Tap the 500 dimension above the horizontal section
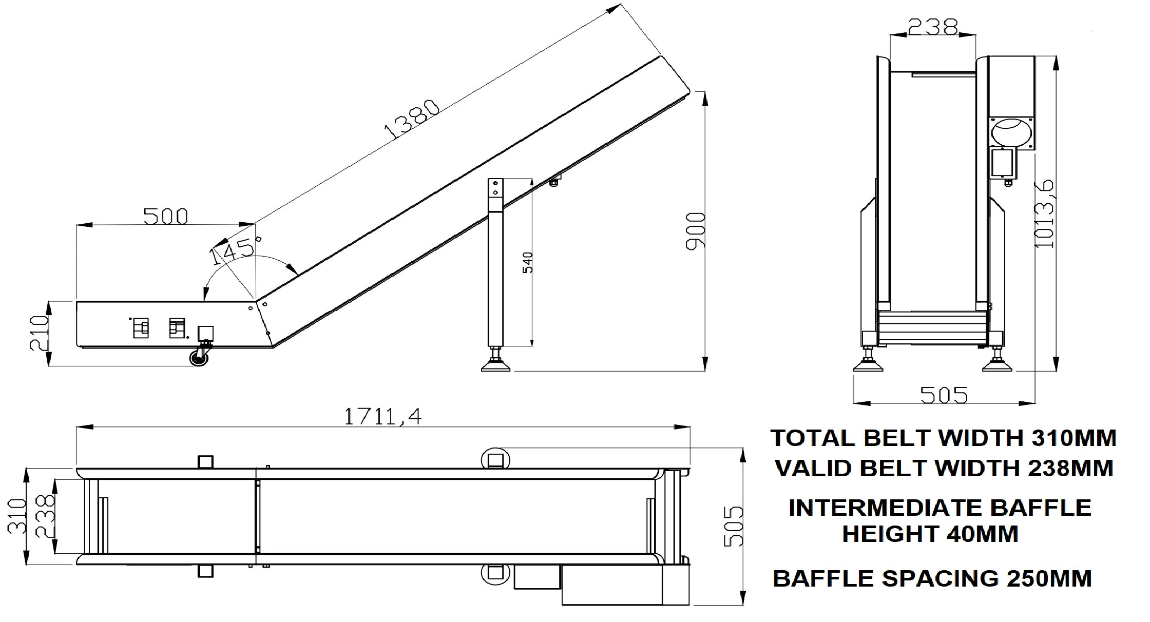pos(165,217)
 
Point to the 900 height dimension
pos(696,230)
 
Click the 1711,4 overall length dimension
pos(382,416)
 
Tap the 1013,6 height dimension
pos(1044,213)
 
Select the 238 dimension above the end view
pos(932,27)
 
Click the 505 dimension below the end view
pos(944,395)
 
